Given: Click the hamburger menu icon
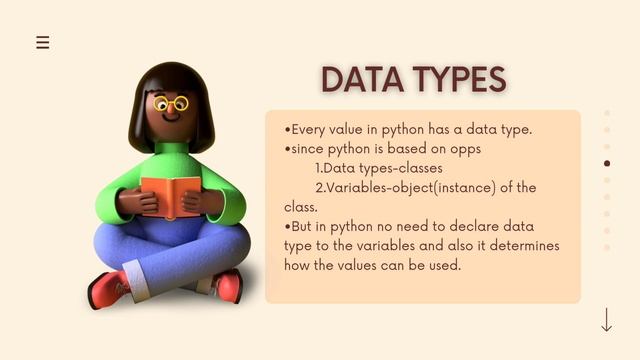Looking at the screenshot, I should (42, 42).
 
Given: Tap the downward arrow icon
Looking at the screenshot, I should (606, 320).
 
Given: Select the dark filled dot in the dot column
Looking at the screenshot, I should (607, 163).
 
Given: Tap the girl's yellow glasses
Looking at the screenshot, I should (172, 104).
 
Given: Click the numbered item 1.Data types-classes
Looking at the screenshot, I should (378, 168).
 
